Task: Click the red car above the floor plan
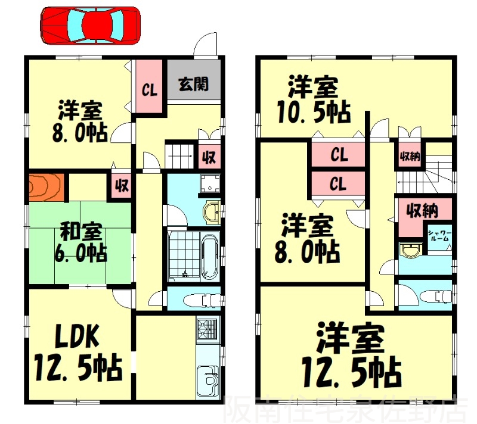click(x=91, y=26)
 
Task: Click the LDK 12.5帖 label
click(x=79, y=352)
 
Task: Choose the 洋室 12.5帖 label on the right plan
click(x=352, y=357)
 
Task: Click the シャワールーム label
click(x=439, y=236)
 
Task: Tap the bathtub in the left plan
click(x=210, y=257)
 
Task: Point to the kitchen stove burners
click(x=207, y=329)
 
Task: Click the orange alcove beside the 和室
click(x=47, y=188)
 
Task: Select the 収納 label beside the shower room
click(x=423, y=210)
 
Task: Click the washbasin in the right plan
click(x=410, y=250)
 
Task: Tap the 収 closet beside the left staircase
click(x=209, y=157)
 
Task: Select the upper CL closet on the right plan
click(x=338, y=155)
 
